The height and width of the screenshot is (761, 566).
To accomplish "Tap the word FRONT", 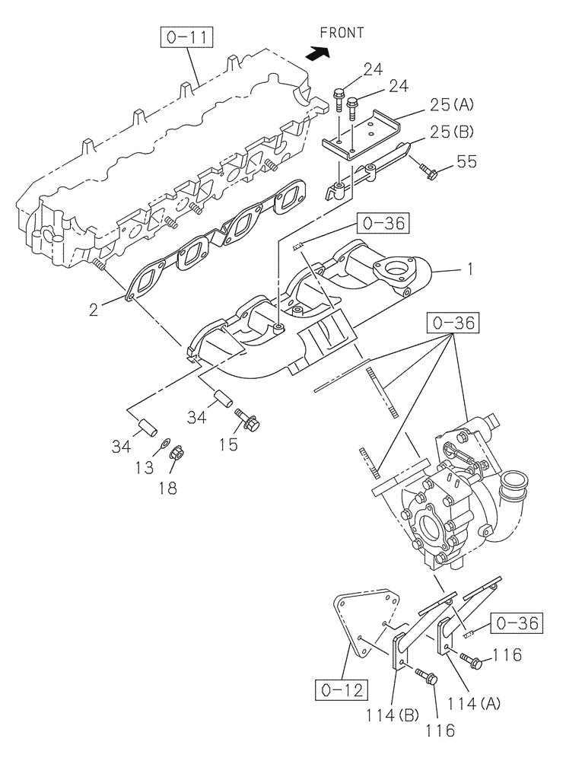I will (342, 33).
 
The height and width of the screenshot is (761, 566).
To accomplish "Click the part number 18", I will (167, 488).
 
